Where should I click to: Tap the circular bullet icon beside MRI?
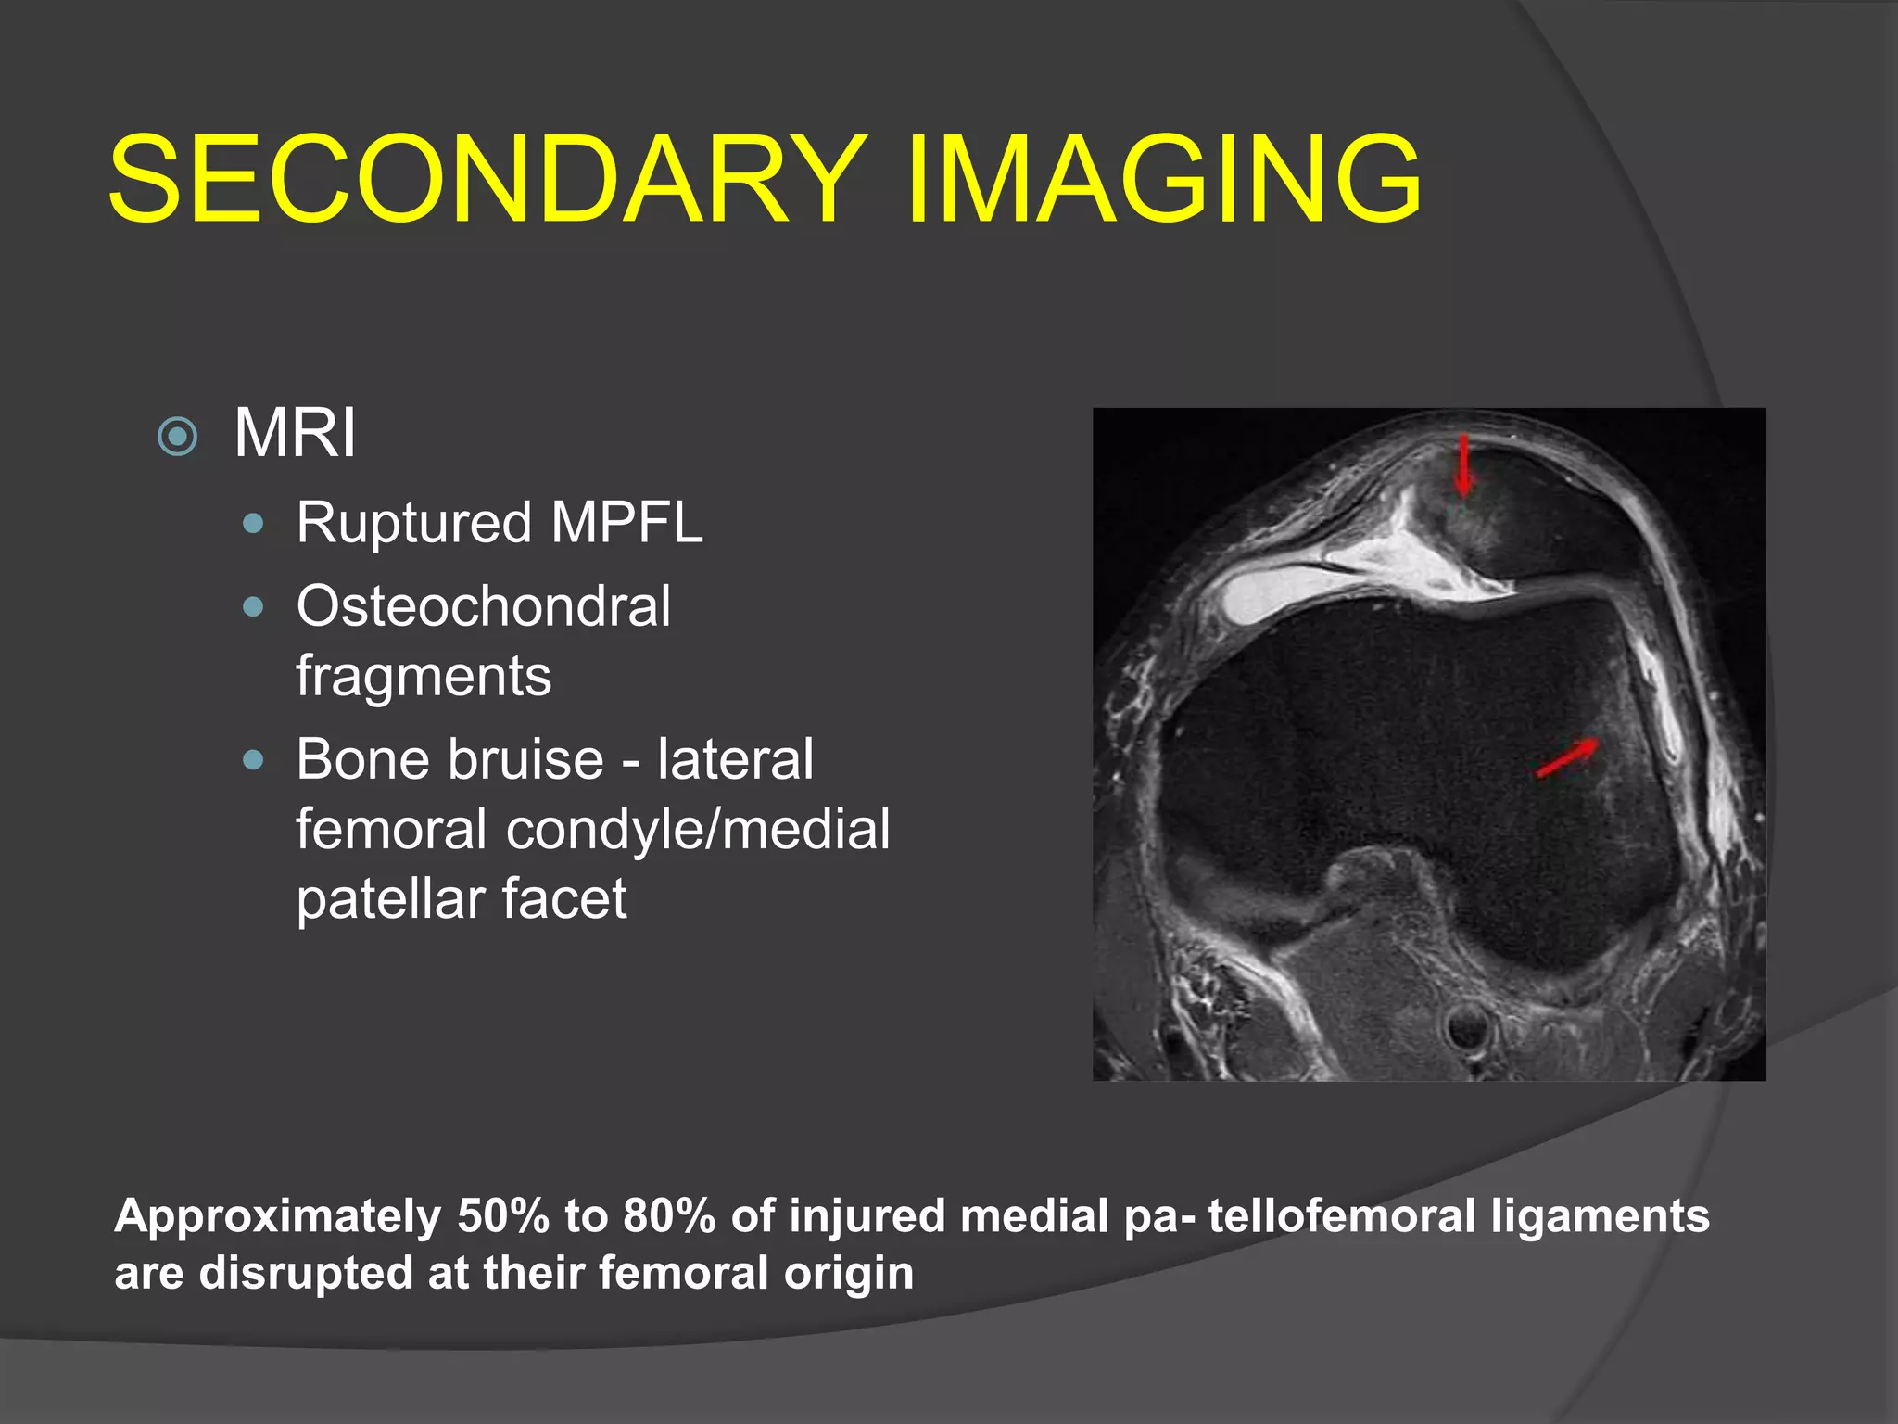[178, 436]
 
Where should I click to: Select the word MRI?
[295, 433]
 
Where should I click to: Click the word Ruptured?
[413, 522]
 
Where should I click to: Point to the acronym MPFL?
[626, 522]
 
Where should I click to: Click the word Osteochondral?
[483, 606]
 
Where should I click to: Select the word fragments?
[424, 676]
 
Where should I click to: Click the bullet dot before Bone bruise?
[252, 761]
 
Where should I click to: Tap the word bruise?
[529, 760]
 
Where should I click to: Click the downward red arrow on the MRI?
[1463, 465]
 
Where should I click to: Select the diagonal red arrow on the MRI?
[1567, 756]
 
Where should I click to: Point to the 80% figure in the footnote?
[668, 1216]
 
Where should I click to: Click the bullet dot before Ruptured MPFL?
[252, 525]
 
